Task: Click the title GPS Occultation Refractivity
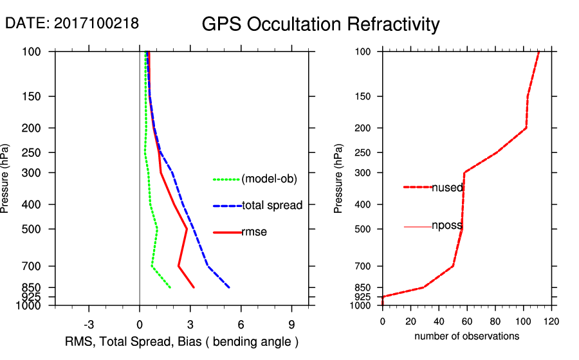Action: [x=320, y=24]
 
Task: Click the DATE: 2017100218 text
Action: [x=71, y=23]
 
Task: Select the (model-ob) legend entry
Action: [x=269, y=179]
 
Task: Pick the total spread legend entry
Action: [x=272, y=206]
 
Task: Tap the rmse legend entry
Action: [x=254, y=232]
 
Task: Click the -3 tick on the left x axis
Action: [x=89, y=324]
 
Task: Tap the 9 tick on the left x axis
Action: [x=291, y=324]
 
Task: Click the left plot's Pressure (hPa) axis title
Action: [x=6, y=179]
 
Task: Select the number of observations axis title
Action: [x=466, y=336]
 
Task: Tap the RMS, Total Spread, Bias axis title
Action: [x=182, y=341]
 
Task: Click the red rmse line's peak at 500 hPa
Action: [x=187, y=229]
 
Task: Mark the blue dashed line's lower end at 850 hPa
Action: [x=229, y=287]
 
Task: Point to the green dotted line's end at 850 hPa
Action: [x=170, y=287]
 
